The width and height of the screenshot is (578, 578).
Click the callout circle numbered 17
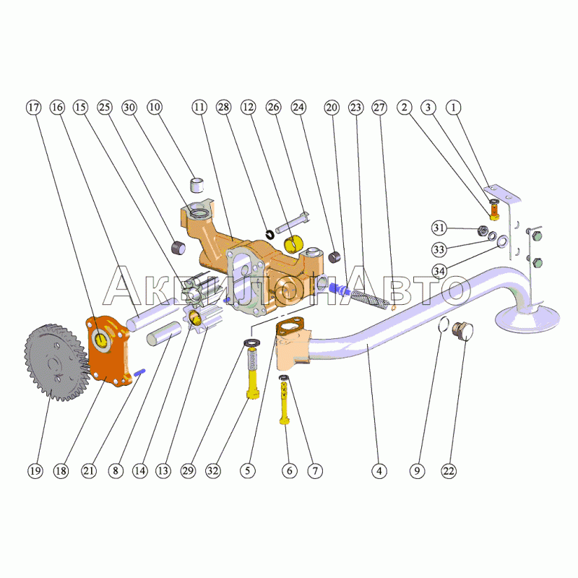[x=34, y=107]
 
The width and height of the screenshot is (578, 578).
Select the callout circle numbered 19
[x=35, y=470]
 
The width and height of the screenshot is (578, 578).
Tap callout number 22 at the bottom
[x=449, y=470]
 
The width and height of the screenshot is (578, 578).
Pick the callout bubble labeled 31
[x=439, y=228]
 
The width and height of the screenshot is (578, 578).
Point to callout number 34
[x=439, y=270]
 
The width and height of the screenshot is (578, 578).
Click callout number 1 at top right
[x=453, y=107]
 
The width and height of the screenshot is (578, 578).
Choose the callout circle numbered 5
[x=248, y=470]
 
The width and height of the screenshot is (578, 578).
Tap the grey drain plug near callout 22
[x=460, y=332]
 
